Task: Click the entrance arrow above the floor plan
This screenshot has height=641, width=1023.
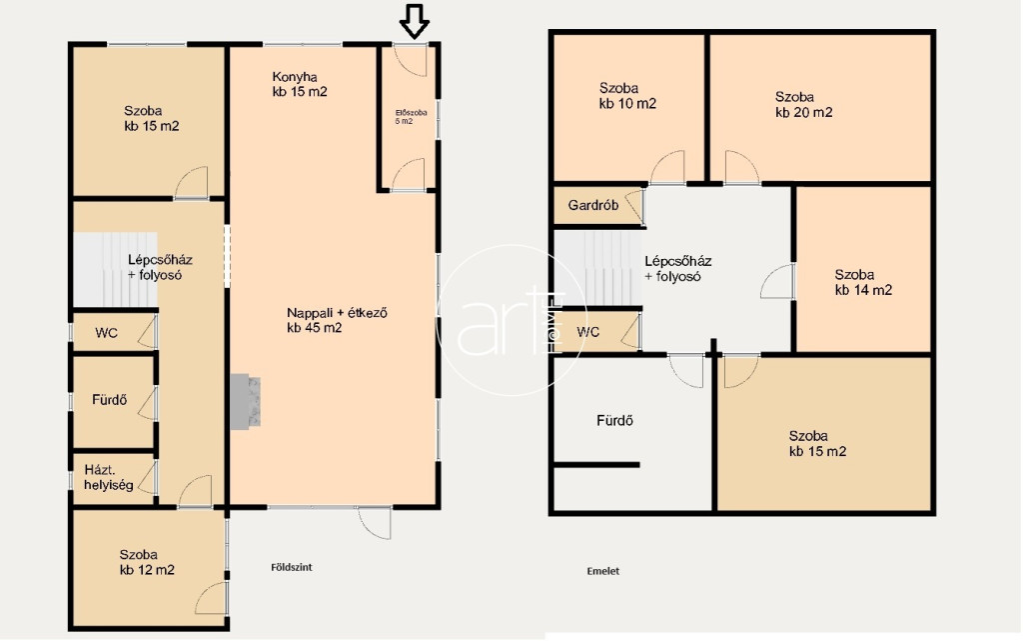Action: click(415, 22)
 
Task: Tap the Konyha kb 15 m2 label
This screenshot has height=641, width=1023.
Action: click(300, 84)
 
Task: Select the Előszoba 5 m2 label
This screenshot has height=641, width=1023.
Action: click(411, 117)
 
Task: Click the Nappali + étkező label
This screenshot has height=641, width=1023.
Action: click(337, 320)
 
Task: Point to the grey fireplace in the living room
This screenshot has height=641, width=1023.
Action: click(246, 401)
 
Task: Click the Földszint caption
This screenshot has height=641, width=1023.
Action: click(292, 567)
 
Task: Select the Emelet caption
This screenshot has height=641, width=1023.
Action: click(602, 571)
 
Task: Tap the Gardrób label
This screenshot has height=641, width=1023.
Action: click(593, 206)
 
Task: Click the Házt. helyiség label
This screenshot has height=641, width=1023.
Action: click(108, 477)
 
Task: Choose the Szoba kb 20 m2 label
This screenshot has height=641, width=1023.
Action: click(804, 104)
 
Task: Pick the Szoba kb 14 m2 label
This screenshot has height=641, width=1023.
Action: click(863, 282)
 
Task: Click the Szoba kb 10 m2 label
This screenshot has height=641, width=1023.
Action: click(627, 95)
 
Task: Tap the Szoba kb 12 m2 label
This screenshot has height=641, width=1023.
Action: click(147, 562)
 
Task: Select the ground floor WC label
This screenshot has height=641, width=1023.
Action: click(106, 333)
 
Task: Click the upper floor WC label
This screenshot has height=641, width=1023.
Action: click(587, 332)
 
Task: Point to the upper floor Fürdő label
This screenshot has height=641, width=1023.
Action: click(614, 420)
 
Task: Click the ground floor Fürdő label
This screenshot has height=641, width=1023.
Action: click(109, 399)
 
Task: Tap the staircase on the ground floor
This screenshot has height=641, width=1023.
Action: click(115, 269)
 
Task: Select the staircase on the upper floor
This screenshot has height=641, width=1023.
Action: click(597, 267)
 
